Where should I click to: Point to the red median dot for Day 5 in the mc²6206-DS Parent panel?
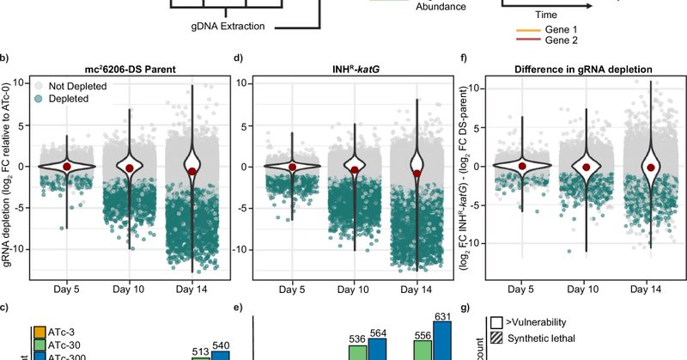click(x=66, y=166)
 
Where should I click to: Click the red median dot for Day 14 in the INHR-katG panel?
click(x=417, y=173)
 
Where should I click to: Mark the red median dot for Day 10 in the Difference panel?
click(x=587, y=167)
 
